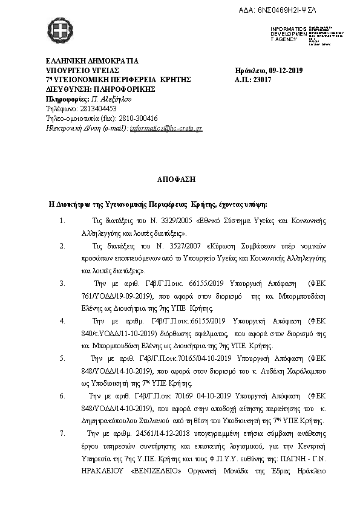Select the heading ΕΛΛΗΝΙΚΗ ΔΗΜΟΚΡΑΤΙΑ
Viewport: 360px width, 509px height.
pyautogui.click(x=92, y=60)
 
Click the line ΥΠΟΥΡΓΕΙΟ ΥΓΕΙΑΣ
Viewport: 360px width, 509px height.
pyautogui.click(x=85, y=70)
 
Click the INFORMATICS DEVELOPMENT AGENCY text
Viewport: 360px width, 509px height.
pyautogui.click(x=286, y=34)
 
